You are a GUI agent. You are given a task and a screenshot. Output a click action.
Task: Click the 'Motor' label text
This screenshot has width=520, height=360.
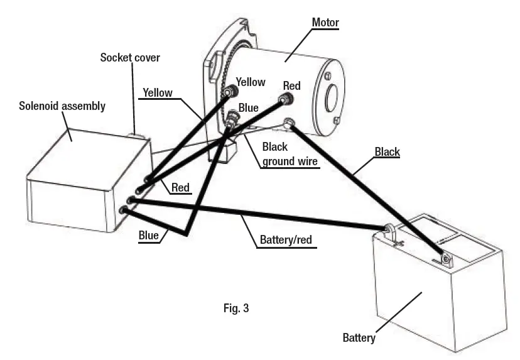tap(325, 23)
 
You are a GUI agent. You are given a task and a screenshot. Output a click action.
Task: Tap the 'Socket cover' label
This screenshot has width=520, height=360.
tap(130, 58)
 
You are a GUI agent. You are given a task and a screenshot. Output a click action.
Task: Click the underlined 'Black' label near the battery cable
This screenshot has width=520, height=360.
tap(387, 152)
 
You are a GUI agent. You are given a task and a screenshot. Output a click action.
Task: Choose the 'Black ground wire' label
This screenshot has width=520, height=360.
tap(284, 153)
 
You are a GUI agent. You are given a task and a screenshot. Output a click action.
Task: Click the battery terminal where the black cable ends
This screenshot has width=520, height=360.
tap(447, 258)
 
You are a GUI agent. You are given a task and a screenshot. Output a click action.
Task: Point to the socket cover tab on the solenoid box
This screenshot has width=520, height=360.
tap(136, 134)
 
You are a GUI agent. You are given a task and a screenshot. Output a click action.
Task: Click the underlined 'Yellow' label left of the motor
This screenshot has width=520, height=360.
tap(157, 92)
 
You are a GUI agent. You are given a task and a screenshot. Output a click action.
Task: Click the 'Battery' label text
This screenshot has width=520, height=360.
tap(359, 338)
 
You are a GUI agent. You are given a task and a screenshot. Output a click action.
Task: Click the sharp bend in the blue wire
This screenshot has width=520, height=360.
tap(187, 234)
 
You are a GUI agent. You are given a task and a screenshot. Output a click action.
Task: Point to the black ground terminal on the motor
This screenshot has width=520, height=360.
tap(290, 123)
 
